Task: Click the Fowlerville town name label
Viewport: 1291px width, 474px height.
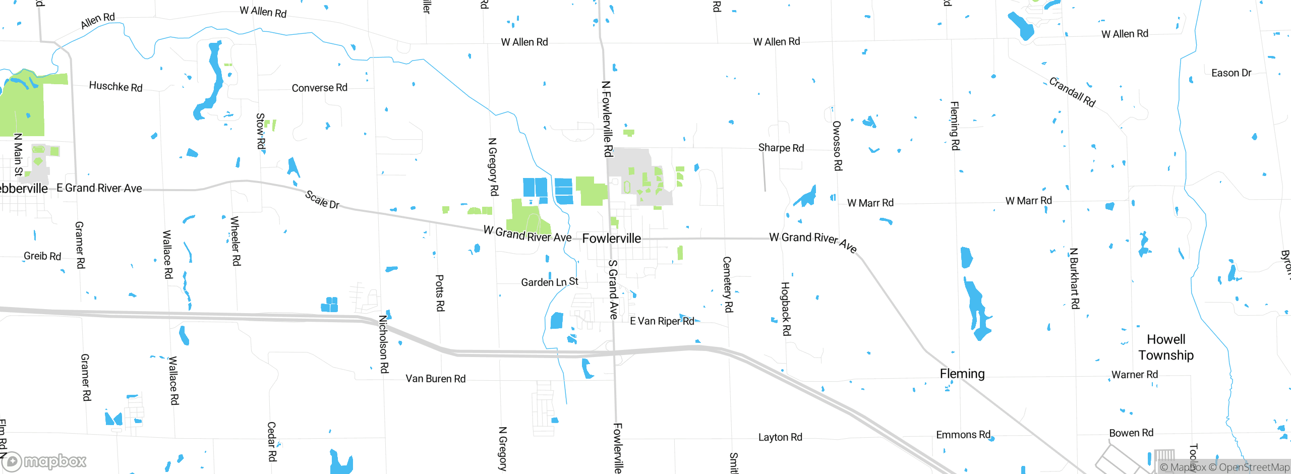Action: click(611, 239)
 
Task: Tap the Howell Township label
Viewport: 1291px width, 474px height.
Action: click(1166, 347)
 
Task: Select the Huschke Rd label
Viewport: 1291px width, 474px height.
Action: click(115, 86)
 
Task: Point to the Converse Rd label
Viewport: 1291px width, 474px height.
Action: click(319, 88)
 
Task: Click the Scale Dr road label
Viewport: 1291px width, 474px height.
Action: click(322, 200)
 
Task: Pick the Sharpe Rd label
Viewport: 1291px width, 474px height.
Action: click(781, 148)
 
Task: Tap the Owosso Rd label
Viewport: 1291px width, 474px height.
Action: click(837, 146)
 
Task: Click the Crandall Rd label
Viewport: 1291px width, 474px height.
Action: click(1072, 92)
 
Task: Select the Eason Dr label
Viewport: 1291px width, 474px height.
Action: click(1231, 73)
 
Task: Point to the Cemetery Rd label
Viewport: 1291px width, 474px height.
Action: click(728, 284)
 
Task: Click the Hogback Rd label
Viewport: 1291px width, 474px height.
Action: click(786, 309)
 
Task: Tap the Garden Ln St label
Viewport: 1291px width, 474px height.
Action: click(549, 282)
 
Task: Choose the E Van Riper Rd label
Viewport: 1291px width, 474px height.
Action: click(662, 321)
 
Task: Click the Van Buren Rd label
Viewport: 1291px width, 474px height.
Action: click(435, 379)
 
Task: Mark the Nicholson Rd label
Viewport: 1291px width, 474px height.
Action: click(384, 344)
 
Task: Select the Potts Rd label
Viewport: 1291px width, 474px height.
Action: click(440, 293)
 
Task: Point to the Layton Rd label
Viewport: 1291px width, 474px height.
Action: click(780, 437)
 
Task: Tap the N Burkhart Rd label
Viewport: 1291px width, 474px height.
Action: click(1075, 278)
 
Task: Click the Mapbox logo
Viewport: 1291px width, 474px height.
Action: click(44, 461)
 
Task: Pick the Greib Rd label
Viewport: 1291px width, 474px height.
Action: click(42, 256)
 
